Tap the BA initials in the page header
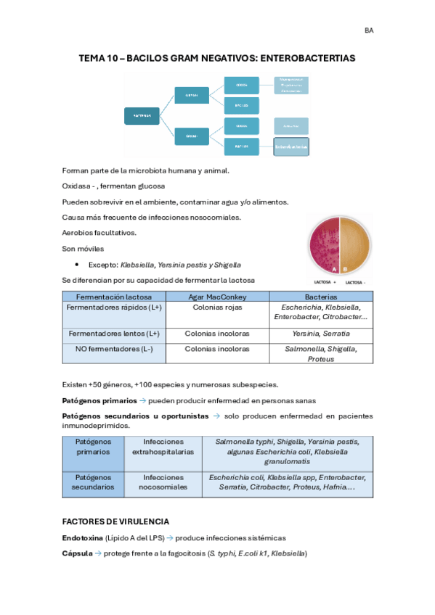pyautogui.click(x=369, y=30)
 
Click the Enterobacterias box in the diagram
pyautogui.click(x=291, y=146)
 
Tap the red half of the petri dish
pyautogui.click(x=323, y=244)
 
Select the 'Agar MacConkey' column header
pyautogui.click(x=217, y=297)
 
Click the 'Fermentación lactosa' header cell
pyautogui.click(x=114, y=297)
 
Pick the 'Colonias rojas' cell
pyautogui.click(x=217, y=307)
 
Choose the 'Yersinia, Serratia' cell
pyautogui.click(x=321, y=334)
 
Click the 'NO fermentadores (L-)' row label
pyautogui.click(x=114, y=349)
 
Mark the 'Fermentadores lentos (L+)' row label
pyautogui.click(x=114, y=334)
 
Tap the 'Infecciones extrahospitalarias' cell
pyautogui.click(x=163, y=447)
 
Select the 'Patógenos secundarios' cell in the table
pyautogui.click(x=93, y=482)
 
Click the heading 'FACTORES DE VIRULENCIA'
pyautogui.click(x=116, y=521)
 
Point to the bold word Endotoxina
pyautogui.click(x=83, y=538)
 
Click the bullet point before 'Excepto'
pyautogui.click(x=77, y=265)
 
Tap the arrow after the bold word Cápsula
pyautogui.click(x=98, y=553)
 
